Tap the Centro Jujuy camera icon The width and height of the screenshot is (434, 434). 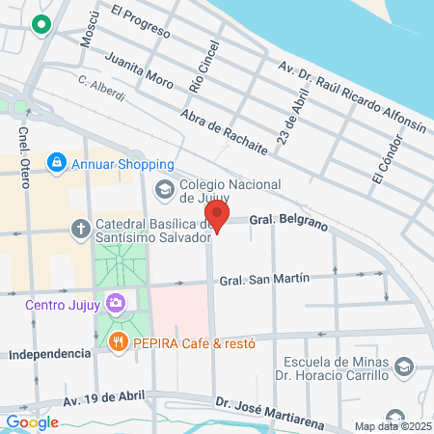coord(117,306)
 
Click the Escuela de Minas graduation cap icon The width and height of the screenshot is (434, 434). coord(403,366)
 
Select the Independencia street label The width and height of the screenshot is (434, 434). coord(48,354)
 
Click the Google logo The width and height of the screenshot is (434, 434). coord(31,421)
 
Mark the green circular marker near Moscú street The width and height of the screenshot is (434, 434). coord(41,25)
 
